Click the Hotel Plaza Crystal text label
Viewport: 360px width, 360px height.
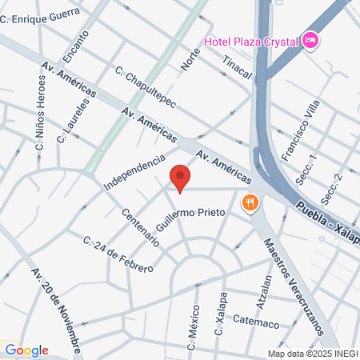tap(250, 41)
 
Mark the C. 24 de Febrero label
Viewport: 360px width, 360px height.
tap(118, 254)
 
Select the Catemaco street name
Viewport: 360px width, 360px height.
tap(255, 322)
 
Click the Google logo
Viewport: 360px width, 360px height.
tap(26, 350)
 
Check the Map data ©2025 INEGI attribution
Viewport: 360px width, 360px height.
tap(313, 353)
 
